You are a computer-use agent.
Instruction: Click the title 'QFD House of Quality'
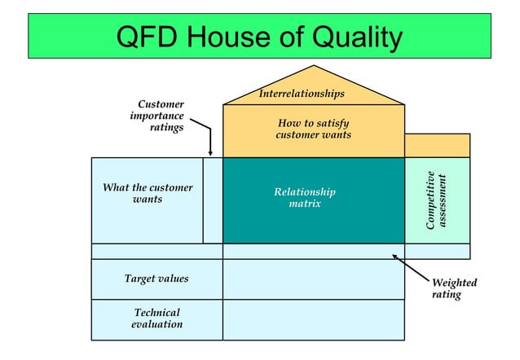pos(259,37)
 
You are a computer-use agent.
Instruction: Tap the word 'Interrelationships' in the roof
pos(302,94)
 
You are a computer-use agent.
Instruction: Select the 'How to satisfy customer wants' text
pos(313,128)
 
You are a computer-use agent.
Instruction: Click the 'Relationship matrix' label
pos(305,197)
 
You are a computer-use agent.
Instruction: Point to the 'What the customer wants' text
pos(148,193)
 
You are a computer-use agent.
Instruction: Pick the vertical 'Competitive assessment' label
pos(436,200)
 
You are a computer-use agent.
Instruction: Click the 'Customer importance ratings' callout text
pos(158,115)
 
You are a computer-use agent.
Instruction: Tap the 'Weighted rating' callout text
pos(454,288)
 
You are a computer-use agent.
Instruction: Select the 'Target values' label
pos(156,279)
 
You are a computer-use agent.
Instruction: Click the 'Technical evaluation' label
pos(156,318)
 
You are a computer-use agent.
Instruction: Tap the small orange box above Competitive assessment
pos(437,145)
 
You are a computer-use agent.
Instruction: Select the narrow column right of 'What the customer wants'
pos(213,200)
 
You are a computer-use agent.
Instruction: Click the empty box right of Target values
pos(313,279)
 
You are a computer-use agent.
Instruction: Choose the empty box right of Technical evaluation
pos(313,318)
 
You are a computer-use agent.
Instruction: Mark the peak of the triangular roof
pos(314,67)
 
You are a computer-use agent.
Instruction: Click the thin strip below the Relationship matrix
pos(313,251)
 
